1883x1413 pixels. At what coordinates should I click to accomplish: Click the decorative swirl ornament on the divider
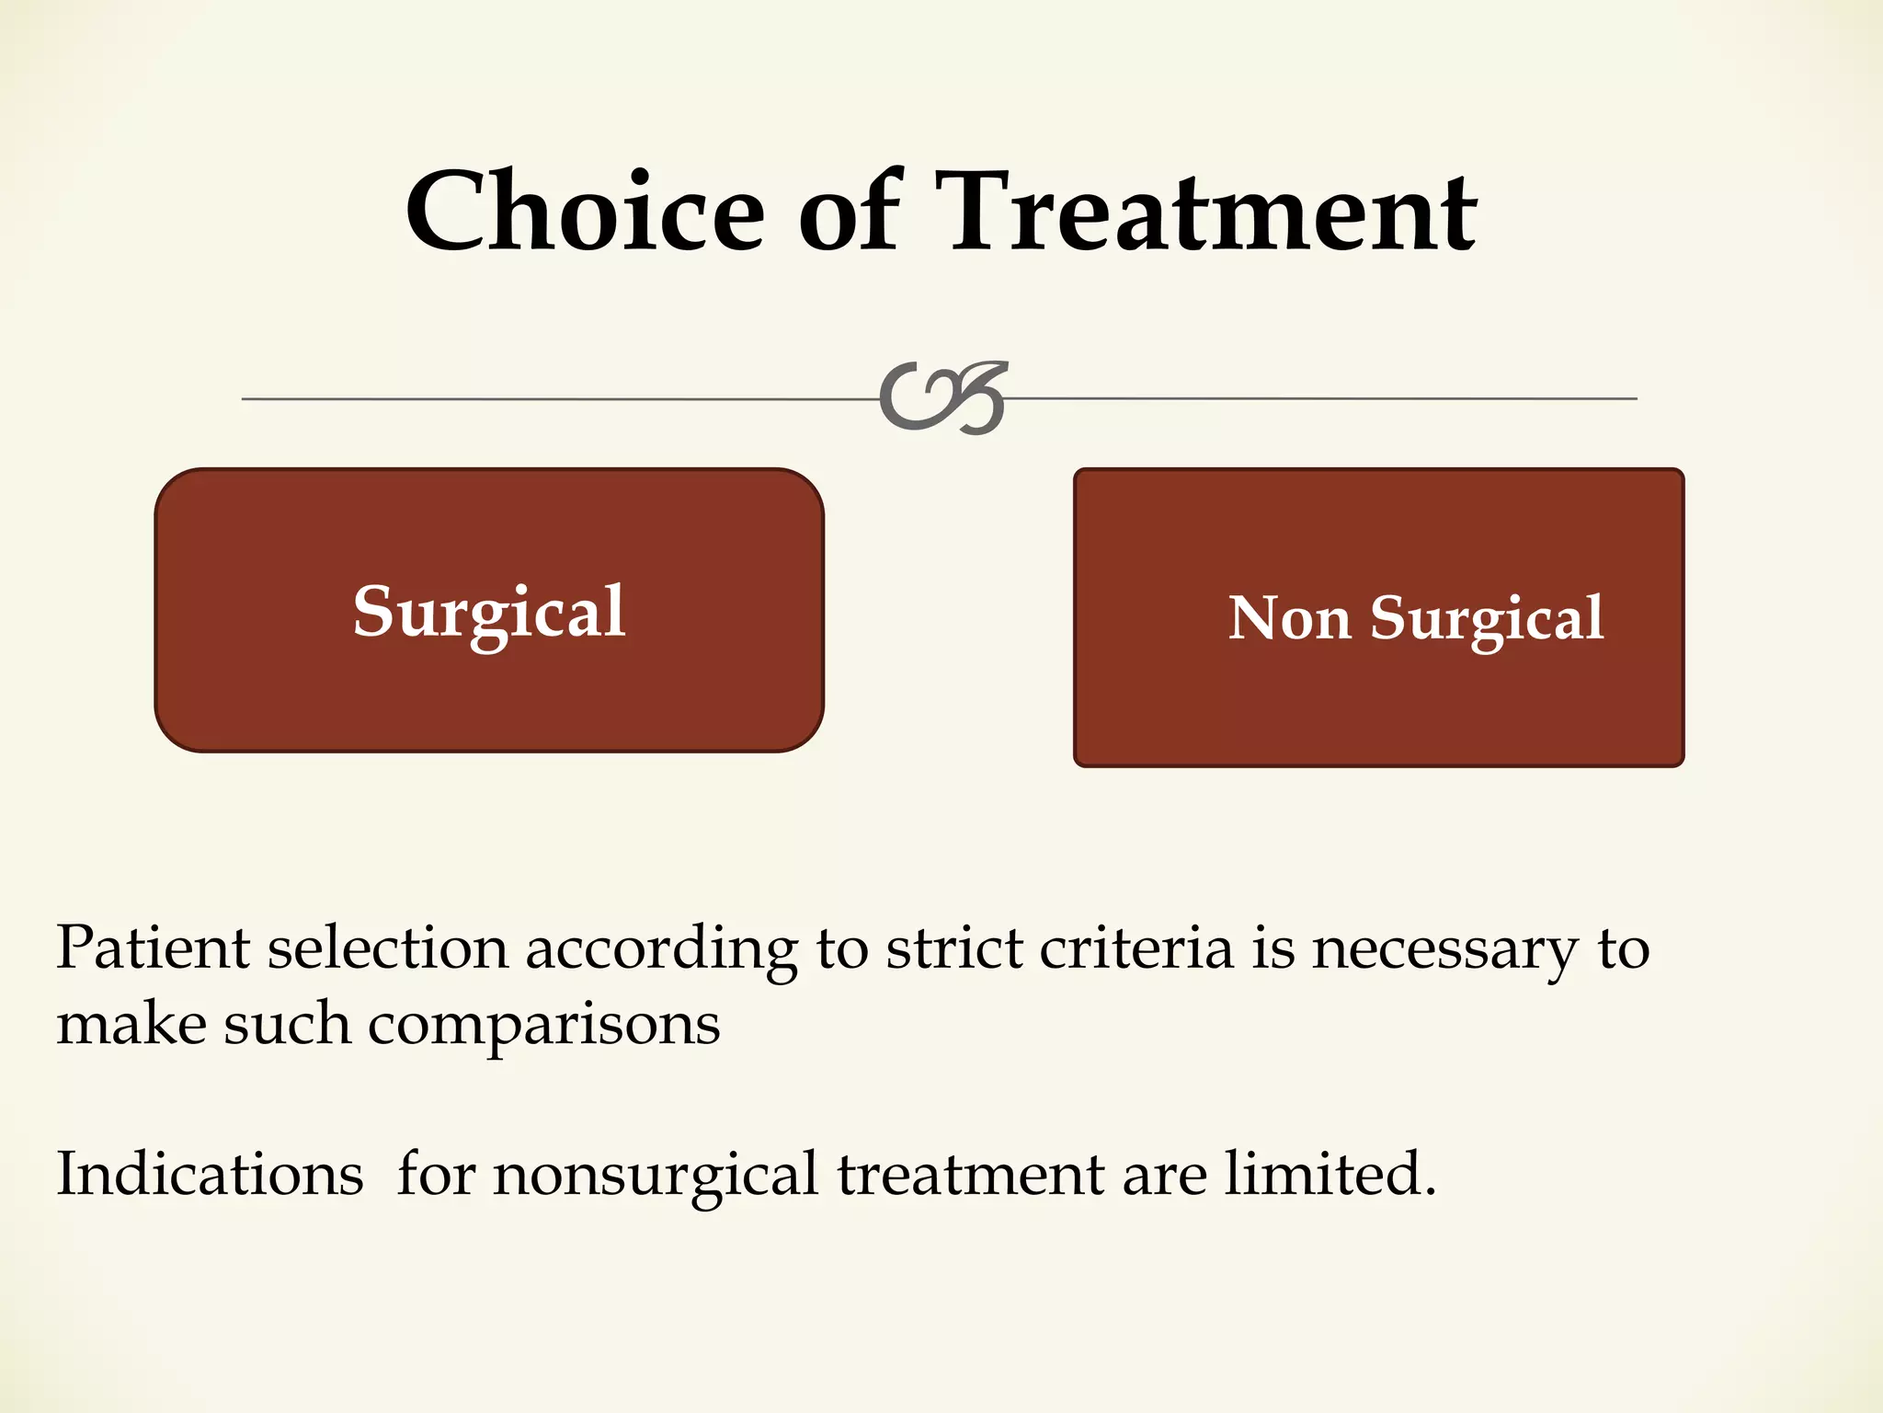click(943, 397)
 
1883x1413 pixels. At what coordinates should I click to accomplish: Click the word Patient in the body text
click(153, 948)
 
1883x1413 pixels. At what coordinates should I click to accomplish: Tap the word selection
click(387, 948)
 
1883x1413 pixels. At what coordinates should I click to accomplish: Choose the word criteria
click(1136, 948)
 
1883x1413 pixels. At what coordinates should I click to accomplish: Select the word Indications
click(211, 1174)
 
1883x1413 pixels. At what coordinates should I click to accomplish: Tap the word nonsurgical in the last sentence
click(656, 1176)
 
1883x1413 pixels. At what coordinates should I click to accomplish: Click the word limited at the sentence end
click(1329, 1174)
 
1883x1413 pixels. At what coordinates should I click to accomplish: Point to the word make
click(131, 1023)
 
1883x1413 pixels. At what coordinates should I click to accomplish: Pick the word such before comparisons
click(287, 1023)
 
